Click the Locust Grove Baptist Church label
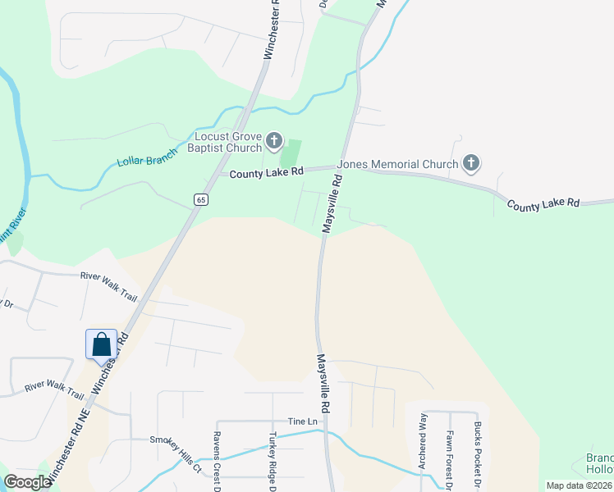228,142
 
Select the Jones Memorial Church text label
398,164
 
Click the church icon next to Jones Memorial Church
471,164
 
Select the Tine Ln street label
302,421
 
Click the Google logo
27,482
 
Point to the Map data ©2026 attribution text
579,485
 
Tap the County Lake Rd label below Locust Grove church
267,173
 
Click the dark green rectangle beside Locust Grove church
291,153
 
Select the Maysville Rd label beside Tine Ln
325,383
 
